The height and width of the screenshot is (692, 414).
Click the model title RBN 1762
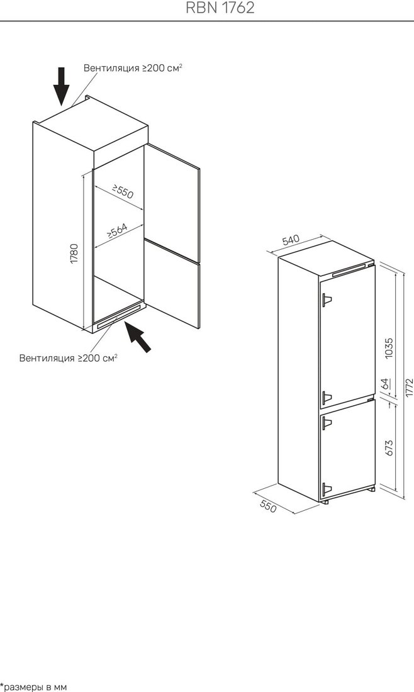pyautogui.click(x=220, y=8)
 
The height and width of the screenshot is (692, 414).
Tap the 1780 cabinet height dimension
pyautogui.click(x=74, y=254)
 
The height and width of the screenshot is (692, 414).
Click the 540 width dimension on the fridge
pyautogui.click(x=291, y=240)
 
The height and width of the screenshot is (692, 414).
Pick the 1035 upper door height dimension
pyautogui.click(x=388, y=349)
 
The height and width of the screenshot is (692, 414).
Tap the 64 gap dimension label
pyautogui.click(x=386, y=383)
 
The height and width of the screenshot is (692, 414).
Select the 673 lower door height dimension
pyautogui.click(x=388, y=447)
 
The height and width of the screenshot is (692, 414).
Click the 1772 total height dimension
pyautogui.click(x=409, y=388)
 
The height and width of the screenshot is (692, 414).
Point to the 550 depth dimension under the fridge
pyautogui.click(x=269, y=506)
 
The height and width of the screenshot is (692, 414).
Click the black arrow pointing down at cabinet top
pyautogui.click(x=62, y=86)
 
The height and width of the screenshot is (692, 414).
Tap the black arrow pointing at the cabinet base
pyautogui.click(x=138, y=337)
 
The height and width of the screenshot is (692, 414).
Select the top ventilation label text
pyautogui.click(x=133, y=68)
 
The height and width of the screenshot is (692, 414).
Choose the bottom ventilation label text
pyautogui.click(x=69, y=357)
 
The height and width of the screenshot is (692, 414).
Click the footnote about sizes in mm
pyautogui.click(x=33, y=687)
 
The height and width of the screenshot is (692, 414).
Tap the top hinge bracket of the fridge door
pyautogui.click(x=327, y=300)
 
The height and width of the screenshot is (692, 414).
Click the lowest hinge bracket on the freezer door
pyautogui.click(x=327, y=489)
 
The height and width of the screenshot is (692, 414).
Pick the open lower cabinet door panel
pyautogui.click(x=172, y=284)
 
